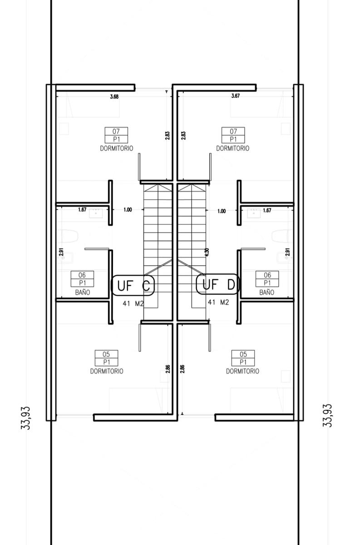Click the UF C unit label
tap(133, 285)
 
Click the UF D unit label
tap(218, 284)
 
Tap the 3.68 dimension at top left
tap(114, 97)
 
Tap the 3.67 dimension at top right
tap(236, 96)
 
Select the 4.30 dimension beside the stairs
tap(207, 253)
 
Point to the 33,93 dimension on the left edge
tap(25, 418)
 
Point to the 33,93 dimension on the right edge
tap(327, 415)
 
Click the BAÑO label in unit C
tap(83, 292)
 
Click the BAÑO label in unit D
tap(266, 292)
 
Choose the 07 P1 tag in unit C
tap(116, 135)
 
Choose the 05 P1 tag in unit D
tap(243, 358)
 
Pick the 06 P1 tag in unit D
tap(267, 279)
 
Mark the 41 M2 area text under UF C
tap(133, 303)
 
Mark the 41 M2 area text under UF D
tap(218, 302)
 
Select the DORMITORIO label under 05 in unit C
tap(107, 372)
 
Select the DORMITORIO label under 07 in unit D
tap(233, 149)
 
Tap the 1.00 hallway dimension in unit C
tap(128, 210)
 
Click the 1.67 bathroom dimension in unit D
tap(267, 210)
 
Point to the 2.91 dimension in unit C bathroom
tap(61, 252)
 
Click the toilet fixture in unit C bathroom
tap(69, 236)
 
